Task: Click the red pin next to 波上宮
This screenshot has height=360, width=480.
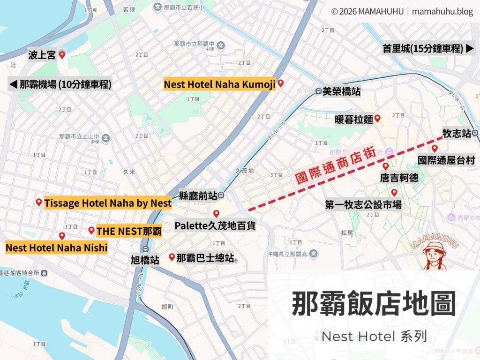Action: coord(61,54)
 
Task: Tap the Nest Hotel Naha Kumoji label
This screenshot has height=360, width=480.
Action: coord(219,84)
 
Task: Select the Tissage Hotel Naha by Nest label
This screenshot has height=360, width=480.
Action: coord(107,203)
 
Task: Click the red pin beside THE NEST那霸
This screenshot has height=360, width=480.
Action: coord(91,230)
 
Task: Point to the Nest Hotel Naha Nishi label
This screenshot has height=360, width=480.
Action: coord(56,247)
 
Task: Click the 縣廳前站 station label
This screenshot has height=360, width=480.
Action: coord(197,195)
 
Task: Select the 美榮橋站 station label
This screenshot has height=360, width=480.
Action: coord(342,91)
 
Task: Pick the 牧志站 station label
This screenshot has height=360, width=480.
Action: coord(457,134)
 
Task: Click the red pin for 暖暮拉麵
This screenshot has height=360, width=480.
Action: coord(377,118)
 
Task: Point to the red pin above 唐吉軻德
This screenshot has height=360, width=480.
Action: coord(385,166)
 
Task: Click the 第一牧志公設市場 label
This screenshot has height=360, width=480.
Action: coord(363,204)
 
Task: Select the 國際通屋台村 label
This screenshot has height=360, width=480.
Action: coord(446,161)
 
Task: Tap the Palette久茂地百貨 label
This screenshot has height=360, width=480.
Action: coord(215,225)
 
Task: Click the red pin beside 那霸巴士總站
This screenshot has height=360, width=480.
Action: coord(172,256)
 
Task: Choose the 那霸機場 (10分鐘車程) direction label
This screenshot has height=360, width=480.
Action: coord(60,84)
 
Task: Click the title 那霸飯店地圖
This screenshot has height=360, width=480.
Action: coord(374,304)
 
